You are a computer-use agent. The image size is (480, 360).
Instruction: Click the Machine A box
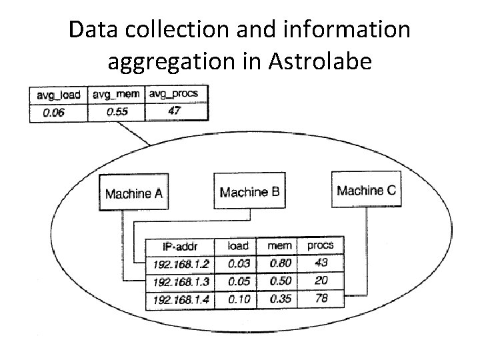133,193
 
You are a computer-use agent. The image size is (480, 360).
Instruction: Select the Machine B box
249,191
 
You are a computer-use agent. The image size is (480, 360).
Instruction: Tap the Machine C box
366,189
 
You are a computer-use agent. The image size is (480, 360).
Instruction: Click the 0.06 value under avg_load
54,113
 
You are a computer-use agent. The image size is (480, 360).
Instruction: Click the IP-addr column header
183,246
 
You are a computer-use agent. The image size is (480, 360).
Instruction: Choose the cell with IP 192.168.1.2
182,263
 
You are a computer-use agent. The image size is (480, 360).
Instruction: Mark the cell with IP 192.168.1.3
182,281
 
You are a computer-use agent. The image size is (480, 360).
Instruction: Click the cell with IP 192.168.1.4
182,299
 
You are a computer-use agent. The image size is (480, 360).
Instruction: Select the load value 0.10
239,299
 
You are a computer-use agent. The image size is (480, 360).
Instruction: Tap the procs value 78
321,298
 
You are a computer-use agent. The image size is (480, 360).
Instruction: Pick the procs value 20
321,280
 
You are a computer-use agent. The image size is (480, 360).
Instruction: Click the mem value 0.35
280,299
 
